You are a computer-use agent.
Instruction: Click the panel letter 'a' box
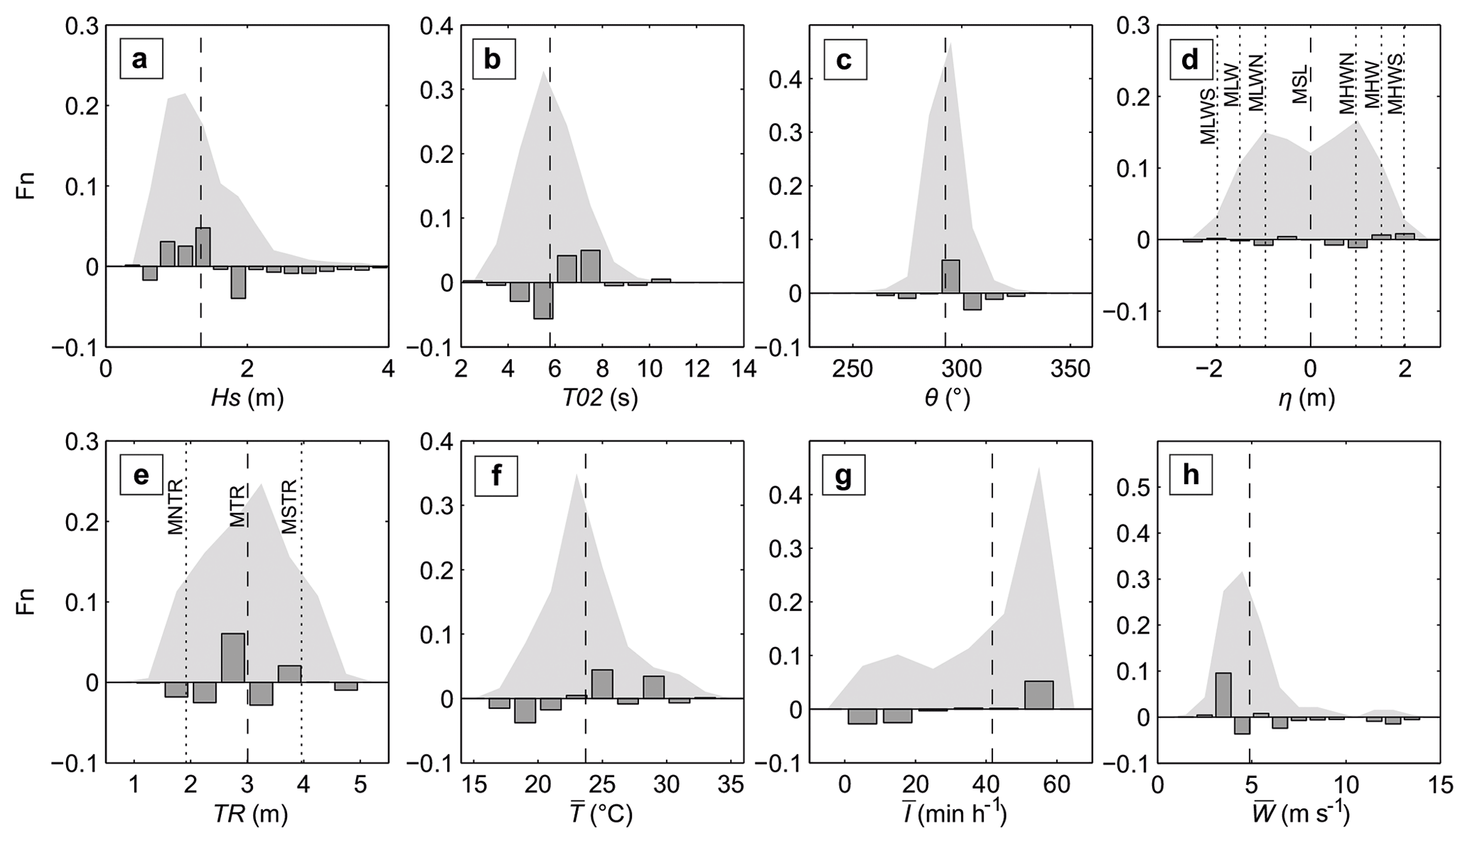pos(141,59)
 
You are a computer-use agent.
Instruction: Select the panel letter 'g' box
pos(844,476)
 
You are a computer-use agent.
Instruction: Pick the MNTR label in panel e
pos(176,507)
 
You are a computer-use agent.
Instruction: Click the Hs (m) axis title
pos(247,399)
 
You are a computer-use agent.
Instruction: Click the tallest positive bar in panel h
pos(1223,695)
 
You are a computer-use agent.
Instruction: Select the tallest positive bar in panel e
pos(232,658)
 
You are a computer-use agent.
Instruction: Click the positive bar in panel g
pos(1039,695)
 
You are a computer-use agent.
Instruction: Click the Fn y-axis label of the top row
pos(26,186)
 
